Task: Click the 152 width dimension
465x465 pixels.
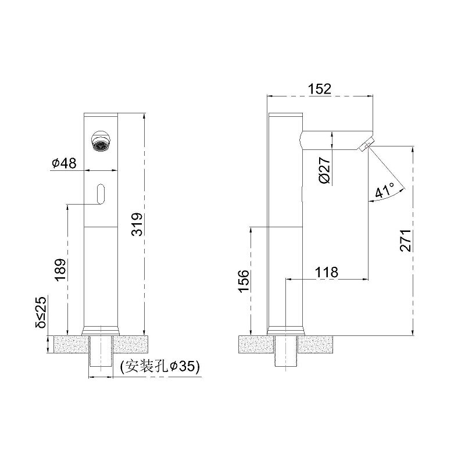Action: (320, 88)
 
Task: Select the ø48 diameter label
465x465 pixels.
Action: (64, 164)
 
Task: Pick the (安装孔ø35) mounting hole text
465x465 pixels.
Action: (159, 367)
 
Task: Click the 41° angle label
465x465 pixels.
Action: (384, 190)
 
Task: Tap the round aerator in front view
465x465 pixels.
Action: (102, 141)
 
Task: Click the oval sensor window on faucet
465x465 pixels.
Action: (102, 193)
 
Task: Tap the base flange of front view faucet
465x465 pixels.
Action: (102, 329)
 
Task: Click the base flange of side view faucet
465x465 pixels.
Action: (285, 330)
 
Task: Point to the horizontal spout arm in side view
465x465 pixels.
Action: (331, 139)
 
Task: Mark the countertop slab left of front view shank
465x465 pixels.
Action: (70, 343)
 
